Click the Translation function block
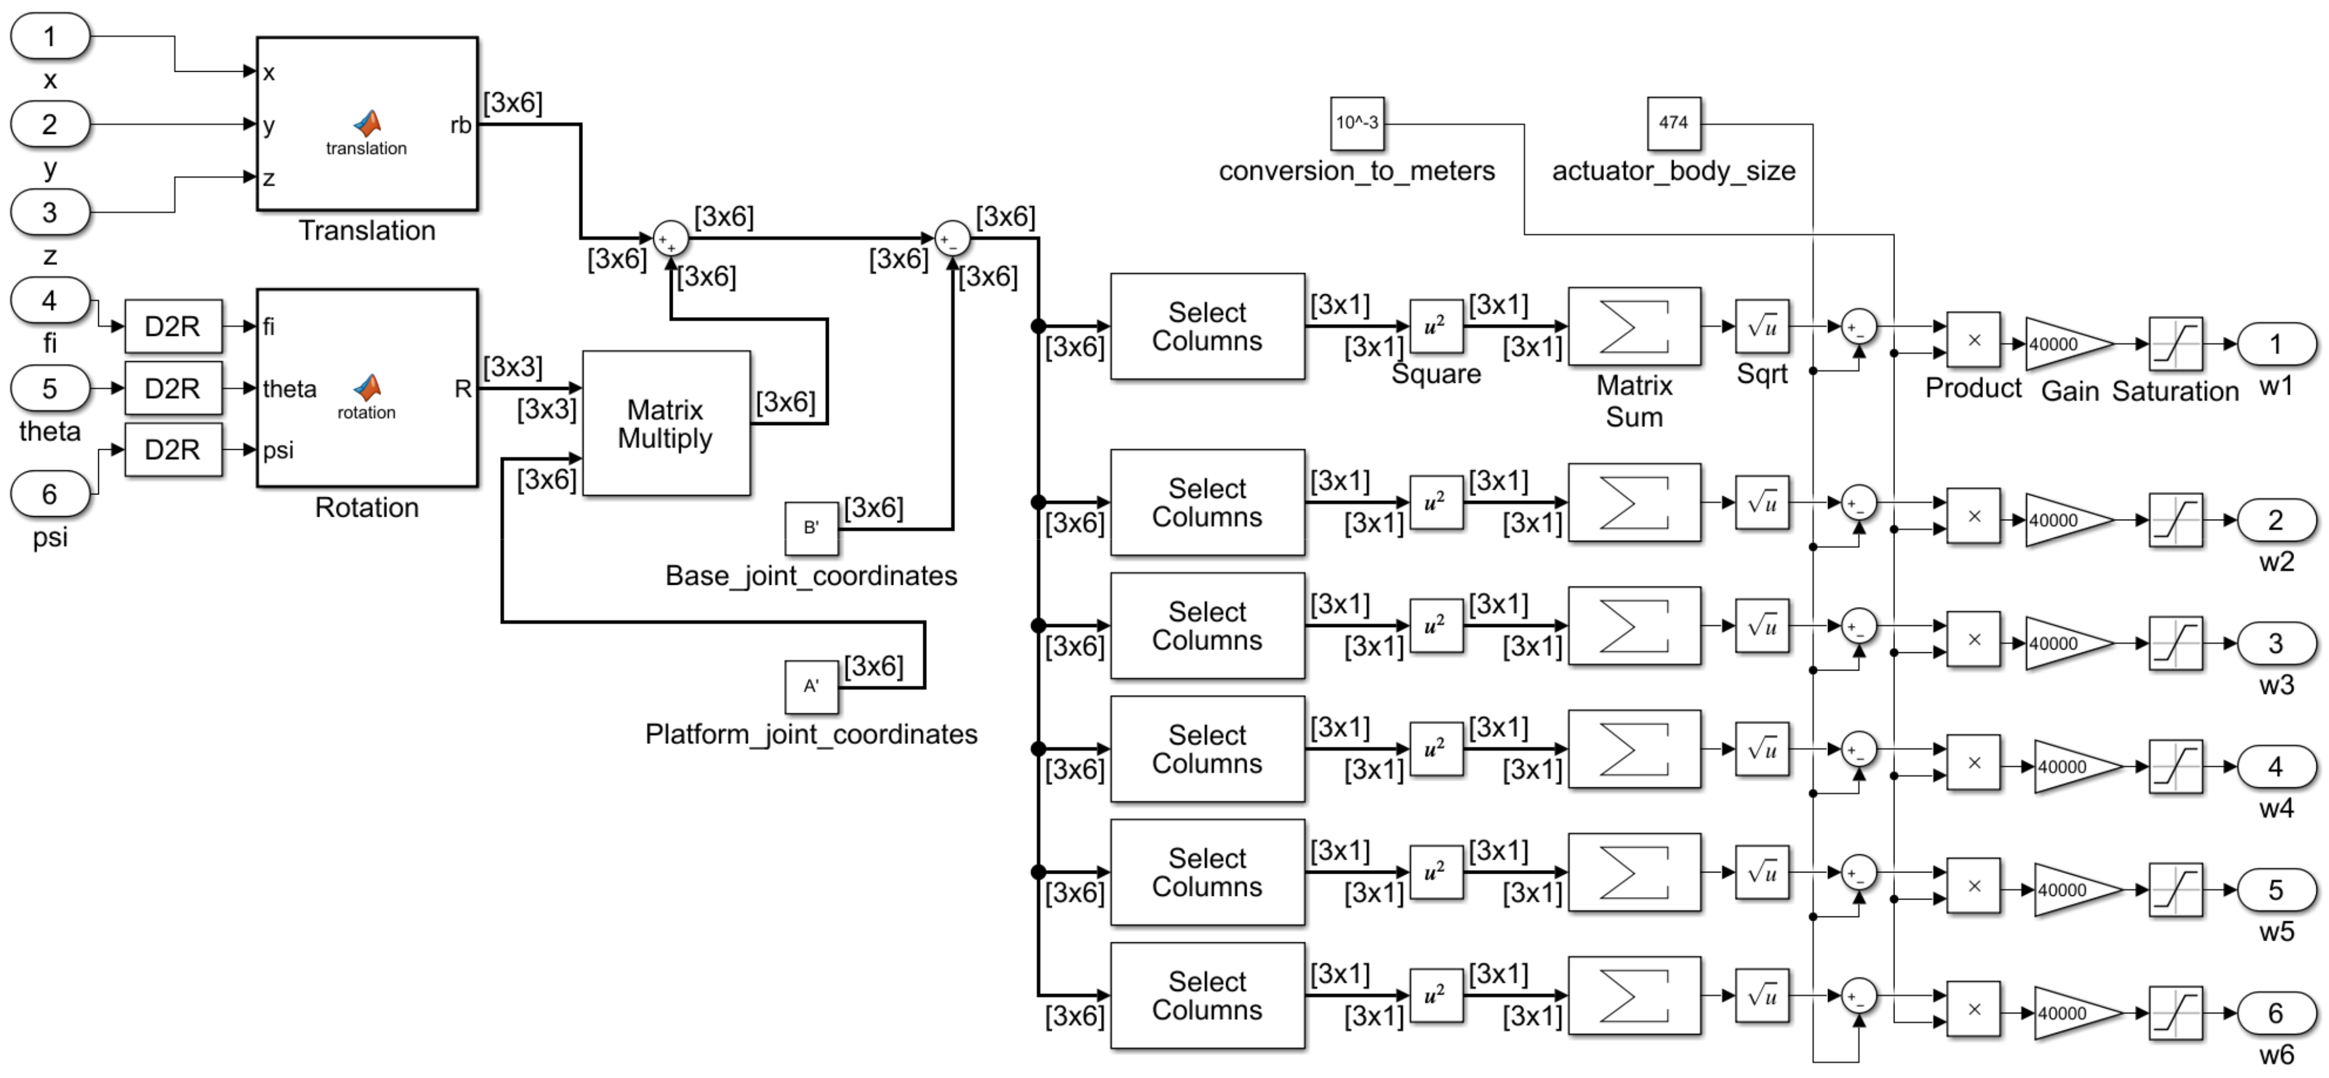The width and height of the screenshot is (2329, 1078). [x=366, y=124]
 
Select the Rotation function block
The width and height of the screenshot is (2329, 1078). [x=366, y=388]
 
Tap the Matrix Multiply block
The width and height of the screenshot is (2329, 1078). [x=665, y=423]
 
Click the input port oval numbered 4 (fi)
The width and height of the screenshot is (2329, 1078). [x=49, y=300]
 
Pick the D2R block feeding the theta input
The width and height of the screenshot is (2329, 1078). [x=172, y=388]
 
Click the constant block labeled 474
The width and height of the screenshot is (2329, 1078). [x=1673, y=123]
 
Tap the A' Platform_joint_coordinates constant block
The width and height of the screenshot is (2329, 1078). [x=811, y=686]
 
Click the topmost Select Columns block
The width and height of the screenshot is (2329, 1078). [x=1206, y=327]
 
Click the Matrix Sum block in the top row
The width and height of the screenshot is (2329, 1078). [x=1633, y=327]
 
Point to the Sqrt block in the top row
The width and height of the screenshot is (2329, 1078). [x=1761, y=327]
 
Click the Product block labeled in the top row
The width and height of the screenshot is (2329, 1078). [x=1973, y=340]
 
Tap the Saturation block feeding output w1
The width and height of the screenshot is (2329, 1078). [x=2175, y=344]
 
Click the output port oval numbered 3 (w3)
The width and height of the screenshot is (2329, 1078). [x=2276, y=643]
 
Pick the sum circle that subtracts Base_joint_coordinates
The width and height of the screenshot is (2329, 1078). [x=951, y=239]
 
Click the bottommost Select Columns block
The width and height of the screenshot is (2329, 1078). [x=1206, y=996]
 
